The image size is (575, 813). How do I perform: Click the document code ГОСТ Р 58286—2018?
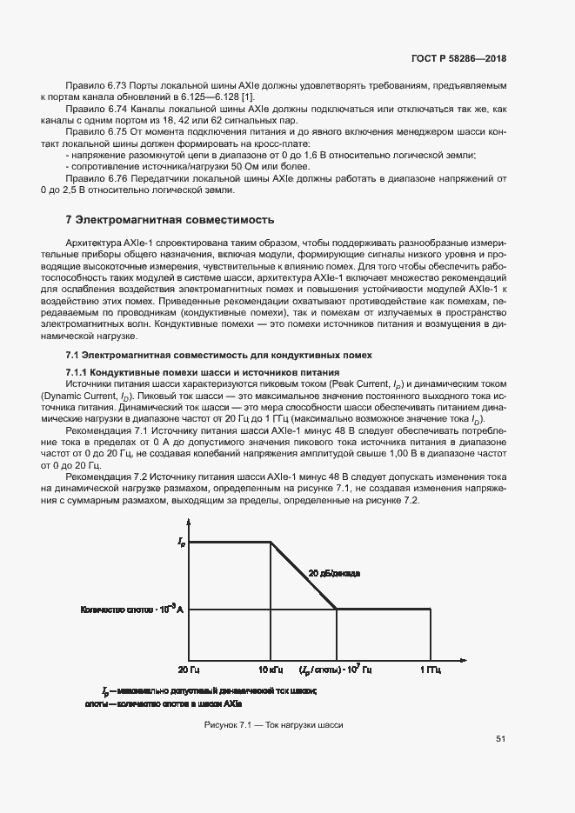point(458,58)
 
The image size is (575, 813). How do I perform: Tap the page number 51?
point(501,739)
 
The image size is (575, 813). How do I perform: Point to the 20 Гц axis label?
point(190,670)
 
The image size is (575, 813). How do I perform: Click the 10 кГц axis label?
point(271,670)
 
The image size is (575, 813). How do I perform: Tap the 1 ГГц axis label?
point(430,670)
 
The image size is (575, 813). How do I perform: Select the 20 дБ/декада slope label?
point(334,574)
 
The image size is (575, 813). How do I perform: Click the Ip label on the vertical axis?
point(181,542)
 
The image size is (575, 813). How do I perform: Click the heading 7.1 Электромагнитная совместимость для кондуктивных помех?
point(219,355)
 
